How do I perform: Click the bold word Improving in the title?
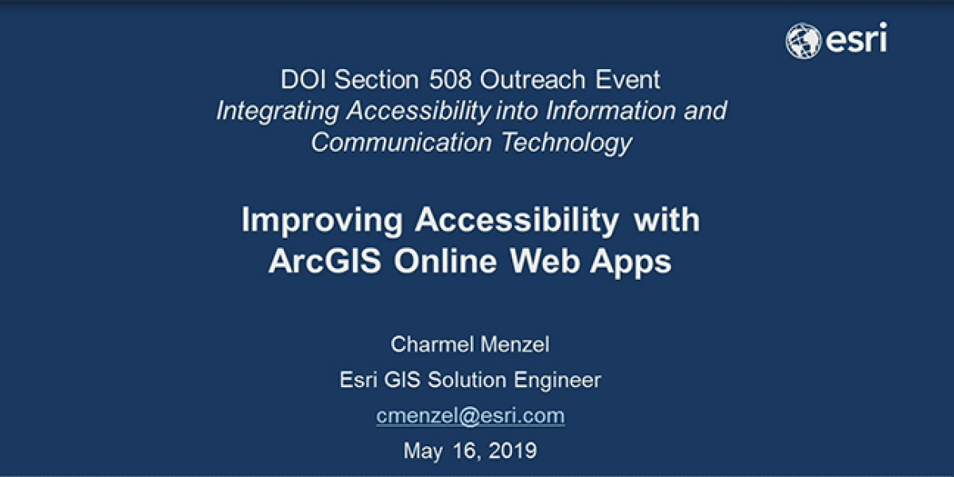pos(321,219)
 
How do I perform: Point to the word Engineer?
pos(556,381)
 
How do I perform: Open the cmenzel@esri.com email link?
pos(470,415)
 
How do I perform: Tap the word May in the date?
pos(423,452)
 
